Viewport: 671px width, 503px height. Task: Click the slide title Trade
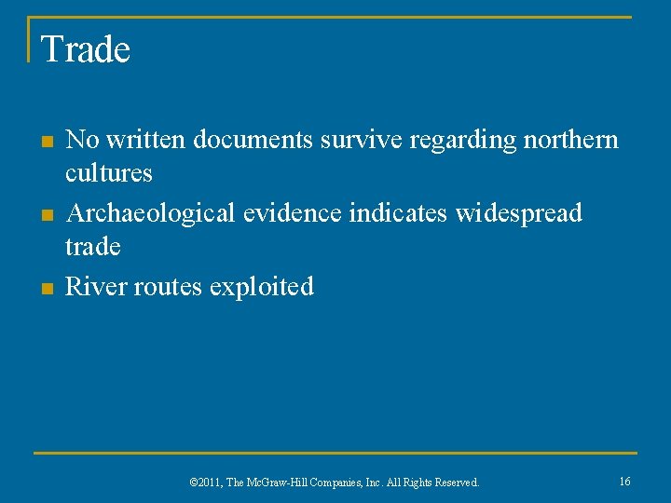point(86,49)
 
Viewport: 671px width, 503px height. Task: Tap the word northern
point(571,140)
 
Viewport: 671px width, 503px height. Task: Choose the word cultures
point(109,173)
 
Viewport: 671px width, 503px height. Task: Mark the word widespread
point(518,213)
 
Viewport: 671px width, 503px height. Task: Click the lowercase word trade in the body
point(93,247)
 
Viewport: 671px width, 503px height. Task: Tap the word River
point(96,286)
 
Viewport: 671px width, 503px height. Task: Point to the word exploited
point(262,286)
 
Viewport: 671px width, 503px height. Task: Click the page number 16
point(624,481)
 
